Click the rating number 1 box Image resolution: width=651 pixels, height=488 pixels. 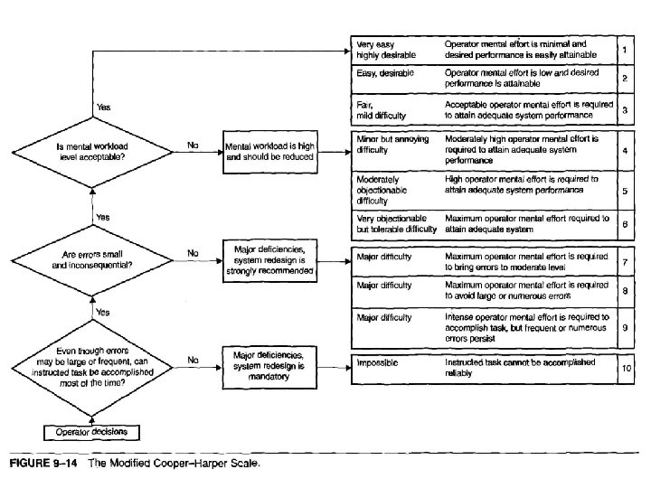[x=625, y=47]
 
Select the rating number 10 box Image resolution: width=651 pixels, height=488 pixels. [x=625, y=368]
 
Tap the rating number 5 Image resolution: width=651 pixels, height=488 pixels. [x=626, y=192]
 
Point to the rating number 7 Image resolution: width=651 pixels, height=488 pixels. [x=626, y=262]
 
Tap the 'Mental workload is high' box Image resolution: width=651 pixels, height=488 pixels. [x=270, y=150]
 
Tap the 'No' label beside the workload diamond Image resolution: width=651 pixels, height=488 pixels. [x=193, y=143]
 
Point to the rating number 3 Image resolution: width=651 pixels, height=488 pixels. [x=625, y=110]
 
